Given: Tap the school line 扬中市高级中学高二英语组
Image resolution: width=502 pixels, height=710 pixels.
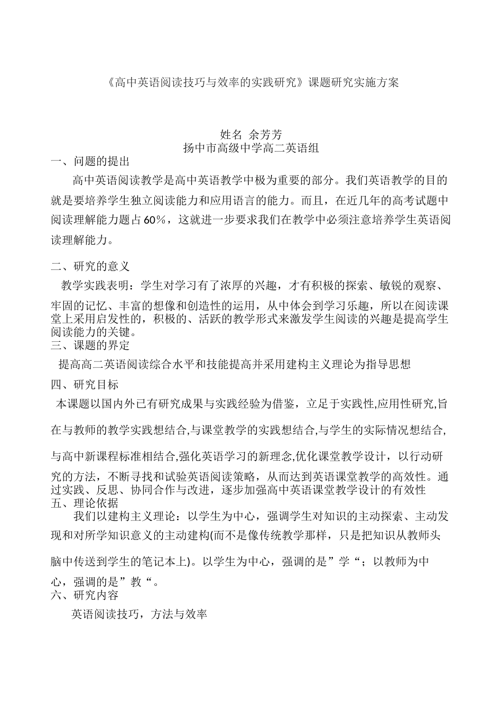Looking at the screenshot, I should [250, 148].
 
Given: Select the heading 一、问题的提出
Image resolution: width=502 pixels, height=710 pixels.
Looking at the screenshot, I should [90, 162].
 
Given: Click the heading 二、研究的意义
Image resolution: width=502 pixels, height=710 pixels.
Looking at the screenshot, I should [90, 266].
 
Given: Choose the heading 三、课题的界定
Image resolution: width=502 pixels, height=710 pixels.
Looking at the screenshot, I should [90, 345].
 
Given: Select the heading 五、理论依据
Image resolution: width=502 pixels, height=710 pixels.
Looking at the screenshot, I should [85, 503].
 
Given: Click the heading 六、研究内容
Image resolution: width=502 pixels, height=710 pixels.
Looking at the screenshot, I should [85, 595].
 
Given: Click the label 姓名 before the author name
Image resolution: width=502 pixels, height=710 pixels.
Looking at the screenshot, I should [230, 135].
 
